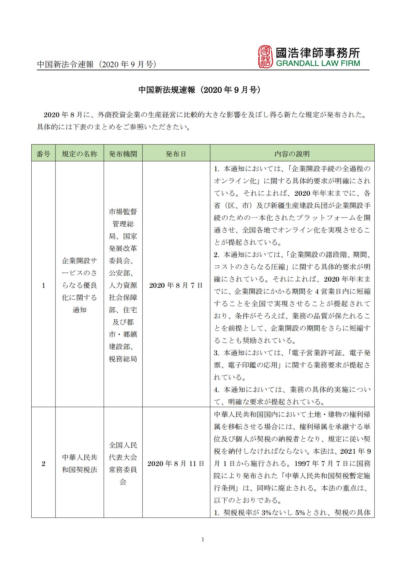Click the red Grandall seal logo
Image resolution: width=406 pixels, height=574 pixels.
(x=265, y=57)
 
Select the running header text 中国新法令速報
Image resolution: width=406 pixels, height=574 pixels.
(x=65, y=65)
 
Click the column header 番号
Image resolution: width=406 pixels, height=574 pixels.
(x=43, y=154)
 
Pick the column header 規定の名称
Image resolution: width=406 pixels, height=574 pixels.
(x=79, y=154)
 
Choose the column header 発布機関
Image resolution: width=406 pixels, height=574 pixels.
(x=123, y=154)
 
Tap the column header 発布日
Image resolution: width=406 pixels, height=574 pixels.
(x=176, y=154)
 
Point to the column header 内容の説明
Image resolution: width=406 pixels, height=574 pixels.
(x=292, y=154)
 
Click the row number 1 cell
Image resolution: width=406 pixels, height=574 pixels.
(x=43, y=285)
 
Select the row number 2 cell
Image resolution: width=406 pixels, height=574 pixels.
(x=43, y=464)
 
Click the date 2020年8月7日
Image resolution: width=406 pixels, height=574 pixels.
(x=176, y=285)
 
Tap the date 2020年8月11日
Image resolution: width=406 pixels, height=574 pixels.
(x=176, y=464)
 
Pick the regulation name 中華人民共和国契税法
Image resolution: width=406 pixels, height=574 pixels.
(x=79, y=464)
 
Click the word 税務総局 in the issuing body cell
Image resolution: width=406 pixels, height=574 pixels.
(x=123, y=359)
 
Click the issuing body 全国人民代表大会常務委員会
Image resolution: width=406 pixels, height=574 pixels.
(x=123, y=464)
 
